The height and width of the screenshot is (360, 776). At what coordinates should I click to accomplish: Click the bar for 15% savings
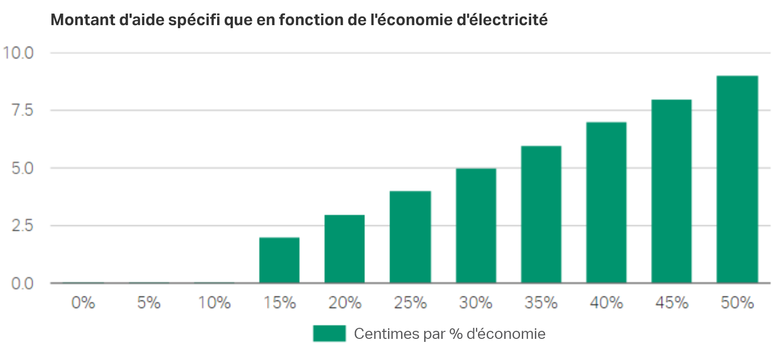tap(279, 260)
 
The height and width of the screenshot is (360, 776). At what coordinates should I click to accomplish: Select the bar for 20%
tap(344, 249)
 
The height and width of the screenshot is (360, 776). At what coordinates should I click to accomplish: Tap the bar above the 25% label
tap(410, 237)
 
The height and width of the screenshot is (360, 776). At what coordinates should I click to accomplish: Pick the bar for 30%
tap(475, 226)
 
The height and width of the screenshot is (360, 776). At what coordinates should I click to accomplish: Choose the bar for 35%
tap(541, 214)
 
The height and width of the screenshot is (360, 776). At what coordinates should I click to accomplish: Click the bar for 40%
tap(606, 203)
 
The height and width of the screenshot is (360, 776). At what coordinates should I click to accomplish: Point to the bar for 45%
tap(671, 191)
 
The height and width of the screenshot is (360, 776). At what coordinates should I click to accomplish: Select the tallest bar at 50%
tap(737, 179)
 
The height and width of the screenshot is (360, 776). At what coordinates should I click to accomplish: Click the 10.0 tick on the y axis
tap(19, 52)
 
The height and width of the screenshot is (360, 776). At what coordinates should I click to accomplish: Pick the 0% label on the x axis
tap(83, 303)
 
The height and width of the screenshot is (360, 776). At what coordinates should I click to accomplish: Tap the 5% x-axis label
tap(148, 303)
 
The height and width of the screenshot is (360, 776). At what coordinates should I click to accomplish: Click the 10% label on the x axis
tap(214, 303)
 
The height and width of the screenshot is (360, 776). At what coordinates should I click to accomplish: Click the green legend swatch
tap(329, 333)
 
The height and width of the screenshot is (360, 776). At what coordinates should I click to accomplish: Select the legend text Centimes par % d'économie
tap(449, 333)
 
